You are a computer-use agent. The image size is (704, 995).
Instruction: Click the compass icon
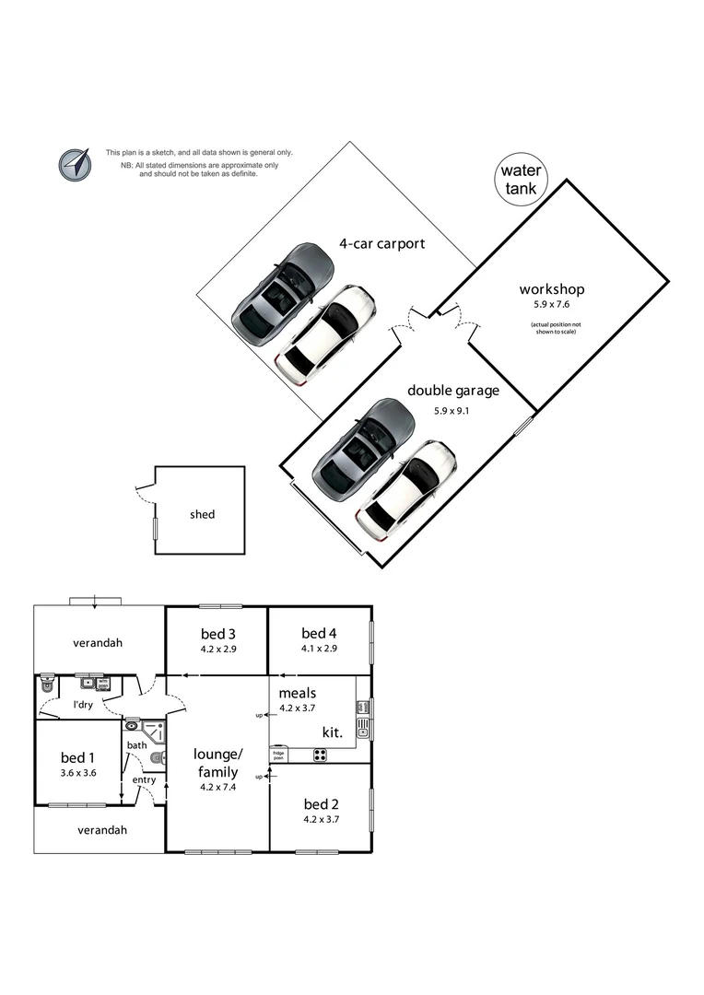76,164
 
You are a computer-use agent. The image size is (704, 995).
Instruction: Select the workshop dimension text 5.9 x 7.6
552,305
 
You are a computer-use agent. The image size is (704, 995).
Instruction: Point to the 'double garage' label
452,391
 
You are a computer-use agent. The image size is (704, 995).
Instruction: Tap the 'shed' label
202,514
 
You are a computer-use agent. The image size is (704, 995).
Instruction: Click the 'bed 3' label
217,633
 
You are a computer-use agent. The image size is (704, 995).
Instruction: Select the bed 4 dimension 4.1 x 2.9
319,649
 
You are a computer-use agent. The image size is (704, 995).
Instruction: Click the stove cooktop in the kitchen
320,755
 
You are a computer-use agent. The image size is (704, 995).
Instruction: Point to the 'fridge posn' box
278,755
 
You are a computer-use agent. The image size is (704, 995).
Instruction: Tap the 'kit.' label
332,732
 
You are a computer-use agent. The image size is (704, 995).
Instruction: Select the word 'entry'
144,779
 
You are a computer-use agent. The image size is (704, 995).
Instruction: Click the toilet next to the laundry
46,685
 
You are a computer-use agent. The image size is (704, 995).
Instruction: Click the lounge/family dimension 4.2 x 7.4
217,788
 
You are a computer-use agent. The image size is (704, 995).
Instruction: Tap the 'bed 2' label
321,803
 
